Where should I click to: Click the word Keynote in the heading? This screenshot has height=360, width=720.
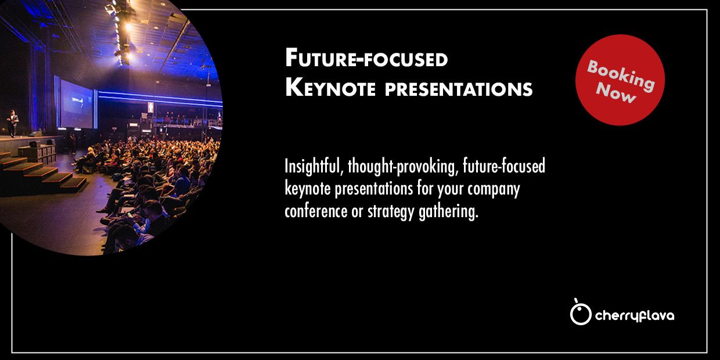pyautogui.click(x=330, y=88)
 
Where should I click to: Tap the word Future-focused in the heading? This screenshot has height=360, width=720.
pyautogui.click(x=366, y=58)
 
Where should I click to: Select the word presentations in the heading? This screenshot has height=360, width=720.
pyautogui.click(x=459, y=89)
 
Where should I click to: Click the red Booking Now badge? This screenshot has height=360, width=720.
pyautogui.click(x=620, y=80)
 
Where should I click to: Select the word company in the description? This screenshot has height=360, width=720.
pyautogui.click(x=494, y=190)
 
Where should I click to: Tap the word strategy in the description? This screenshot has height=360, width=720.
pyautogui.click(x=391, y=212)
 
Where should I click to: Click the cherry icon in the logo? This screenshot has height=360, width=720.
pyautogui.click(x=581, y=312)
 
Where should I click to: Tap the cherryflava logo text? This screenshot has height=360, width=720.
pyautogui.click(x=635, y=316)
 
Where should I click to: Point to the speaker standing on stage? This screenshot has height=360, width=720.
pyautogui.click(x=13, y=124)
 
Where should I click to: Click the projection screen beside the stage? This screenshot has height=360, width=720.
pyautogui.click(x=77, y=104)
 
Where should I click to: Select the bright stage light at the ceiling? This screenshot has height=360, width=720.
pyautogui.click(x=128, y=27)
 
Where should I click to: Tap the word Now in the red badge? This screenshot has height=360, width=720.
pyautogui.click(x=616, y=93)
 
